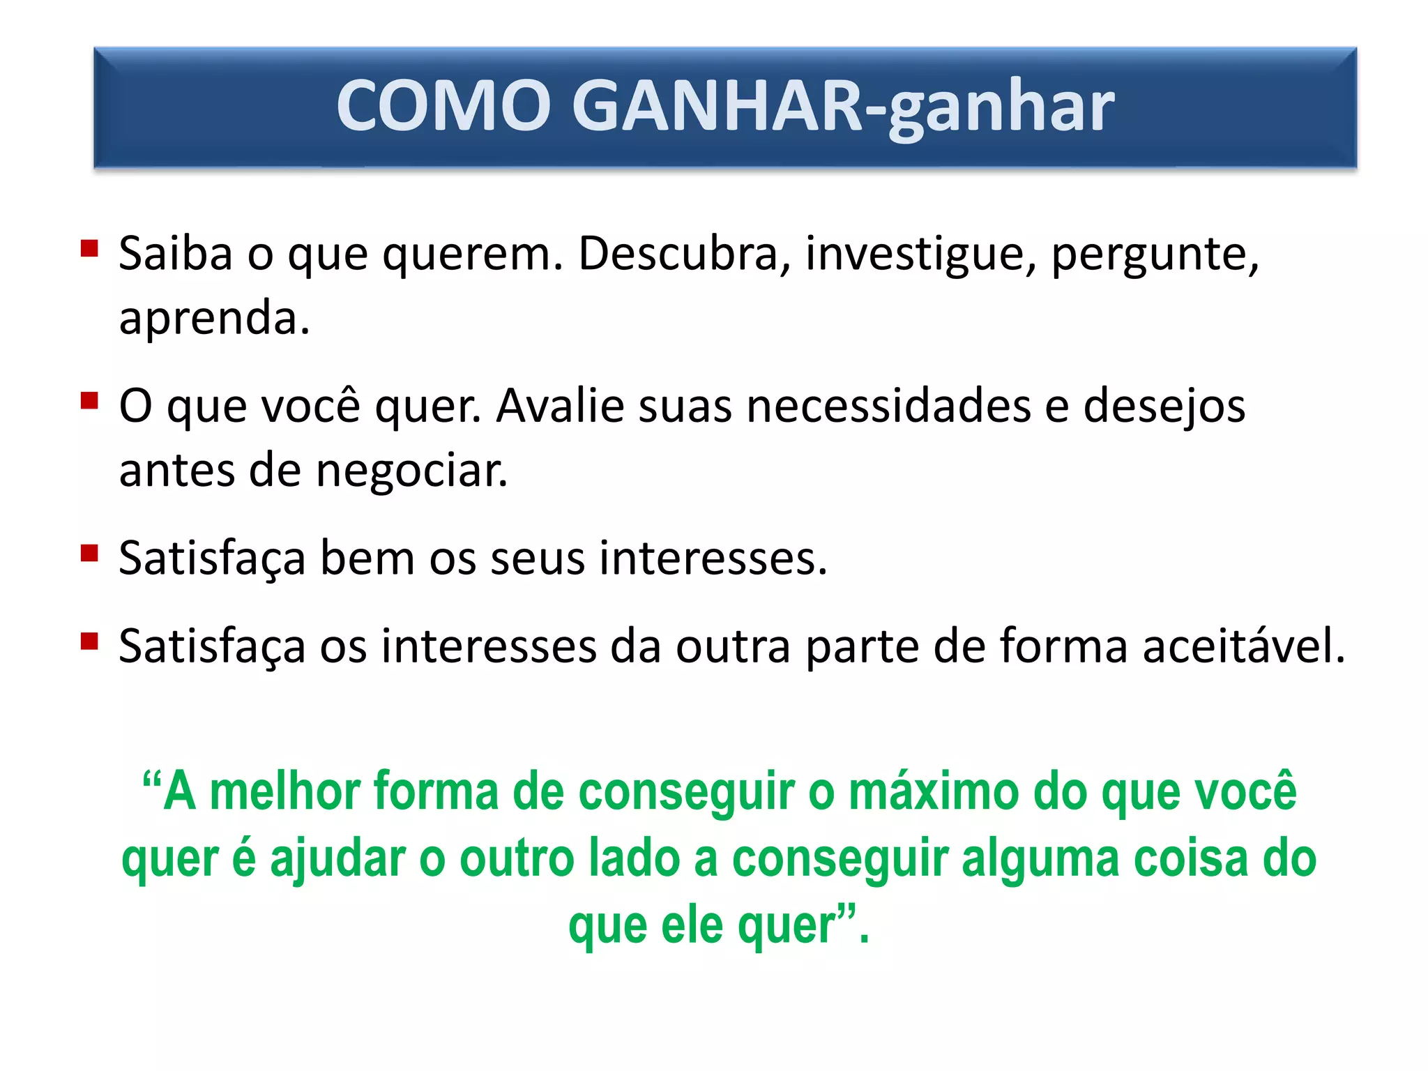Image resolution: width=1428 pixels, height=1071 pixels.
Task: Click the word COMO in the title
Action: pyautogui.click(x=443, y=106)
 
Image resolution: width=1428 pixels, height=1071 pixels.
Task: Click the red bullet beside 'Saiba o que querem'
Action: pyautogui.click(x=89, y=249)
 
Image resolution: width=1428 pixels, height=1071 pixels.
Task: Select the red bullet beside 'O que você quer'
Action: pyautogui.click(x=89, y=401)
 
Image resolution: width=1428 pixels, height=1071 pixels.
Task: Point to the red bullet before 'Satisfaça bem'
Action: pyautogui.click(x=89, y=554)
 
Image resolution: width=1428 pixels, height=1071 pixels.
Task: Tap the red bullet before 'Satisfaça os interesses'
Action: pyautogui.click(x=89, y=641)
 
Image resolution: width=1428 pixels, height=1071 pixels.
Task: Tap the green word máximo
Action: pyautogui.click(x=934, y=792)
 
